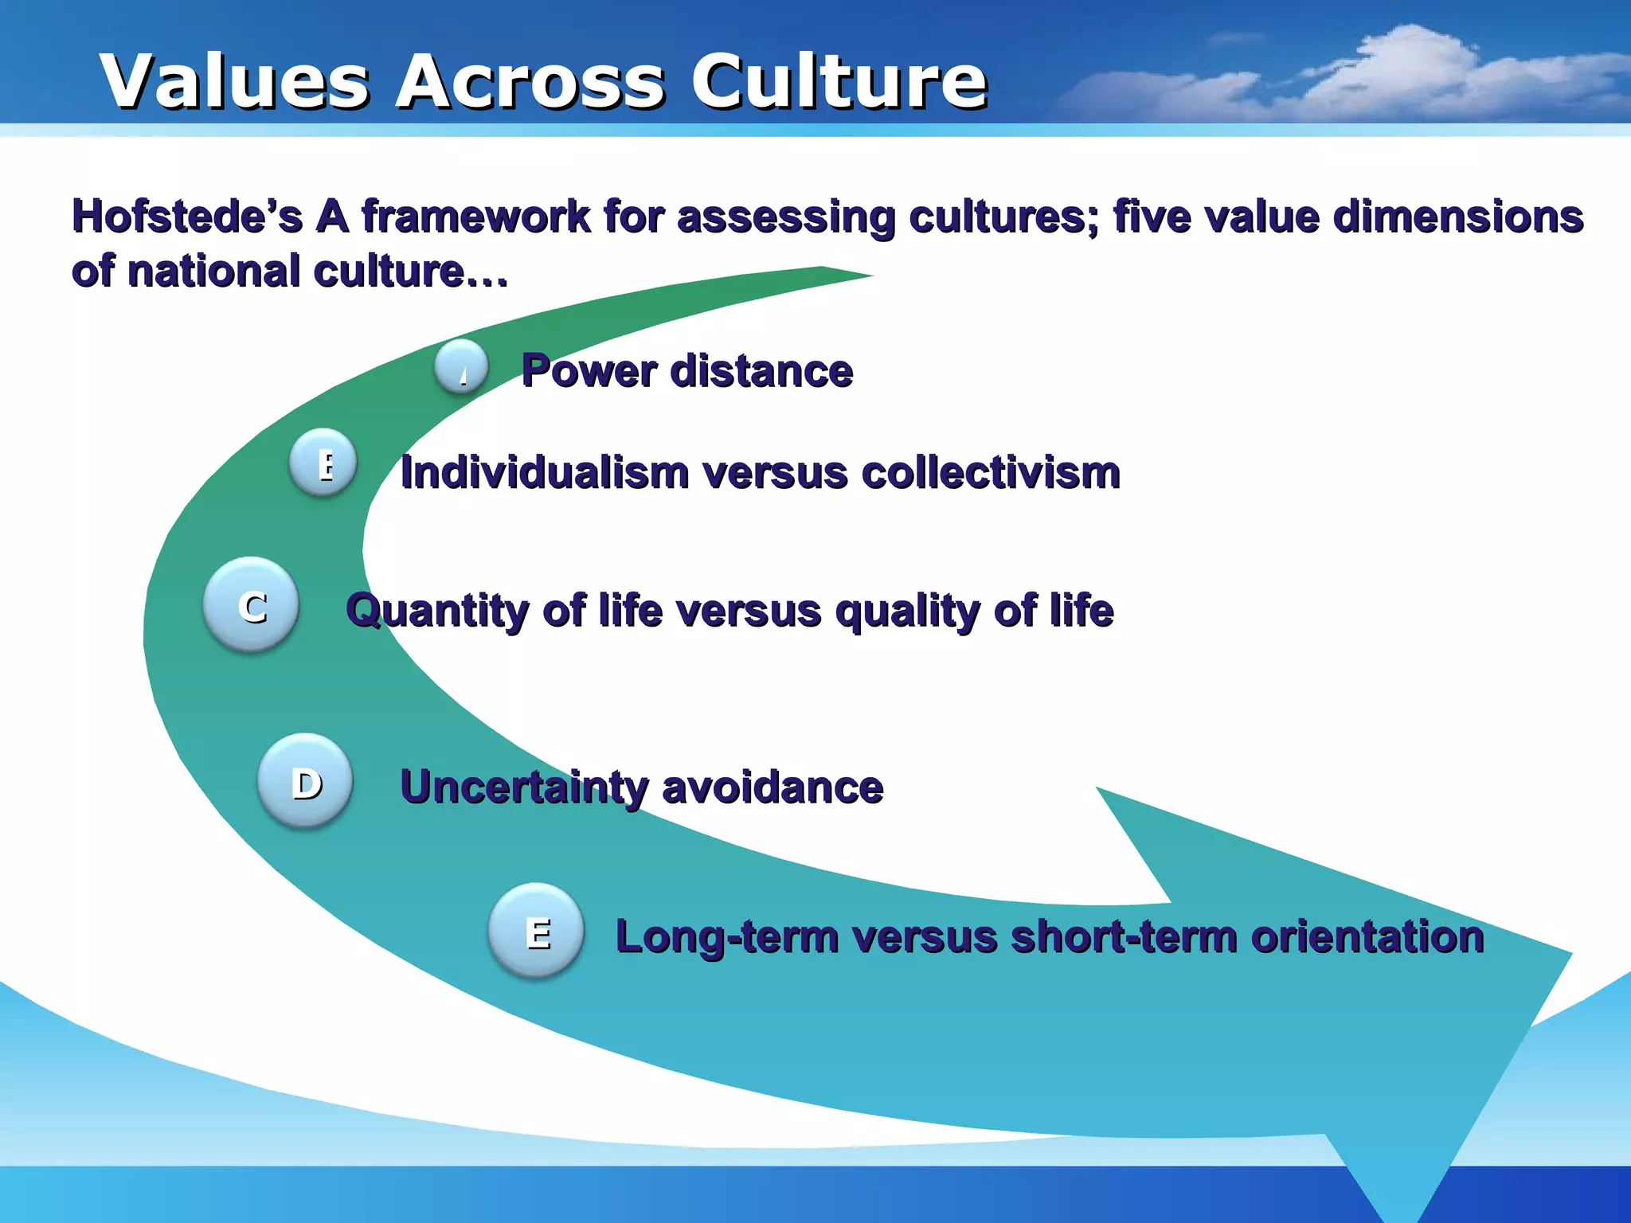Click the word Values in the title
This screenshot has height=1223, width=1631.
[x=235, y=81]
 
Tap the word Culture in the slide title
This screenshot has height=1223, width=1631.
[x=839, y=81]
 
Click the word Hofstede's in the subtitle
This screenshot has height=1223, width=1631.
[x=186, y=217]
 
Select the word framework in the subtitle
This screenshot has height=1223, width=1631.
[x=475, y=217]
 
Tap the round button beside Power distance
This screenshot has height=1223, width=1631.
[x=462, y=367]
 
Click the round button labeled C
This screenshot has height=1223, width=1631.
[x=252, y=605]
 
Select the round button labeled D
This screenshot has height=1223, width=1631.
[x=306, y=781]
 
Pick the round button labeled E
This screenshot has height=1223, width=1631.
[x=537, y=931]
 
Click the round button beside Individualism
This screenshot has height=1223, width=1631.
[x=323, y=463]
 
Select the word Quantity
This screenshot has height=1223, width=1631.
[x=438, y=611]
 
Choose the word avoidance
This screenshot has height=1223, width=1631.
[x=772, y=787]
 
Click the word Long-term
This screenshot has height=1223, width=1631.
[x=726, y=937]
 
